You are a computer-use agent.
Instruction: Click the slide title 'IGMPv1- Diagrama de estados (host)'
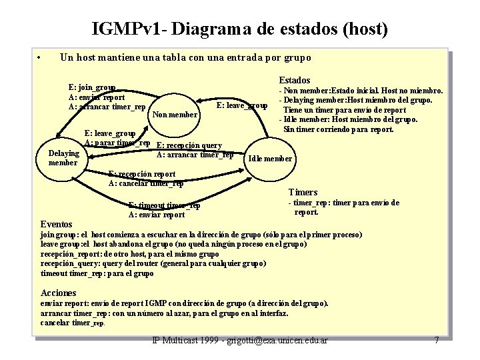240,29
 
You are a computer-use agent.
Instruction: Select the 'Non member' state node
175,115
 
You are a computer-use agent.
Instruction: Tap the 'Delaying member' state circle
63,158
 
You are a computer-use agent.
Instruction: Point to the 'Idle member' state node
269,159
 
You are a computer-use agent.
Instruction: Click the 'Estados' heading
294,80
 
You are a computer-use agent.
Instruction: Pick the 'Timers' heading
303,193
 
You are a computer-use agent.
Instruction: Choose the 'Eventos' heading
57,225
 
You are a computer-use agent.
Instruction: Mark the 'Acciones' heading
59,293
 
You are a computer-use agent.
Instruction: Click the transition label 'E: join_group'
92,87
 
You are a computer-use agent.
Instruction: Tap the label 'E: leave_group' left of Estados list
242,105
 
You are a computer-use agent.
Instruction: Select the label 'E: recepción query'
189,146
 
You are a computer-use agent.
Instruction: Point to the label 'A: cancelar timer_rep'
146,183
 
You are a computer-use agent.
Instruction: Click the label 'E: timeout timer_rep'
164,205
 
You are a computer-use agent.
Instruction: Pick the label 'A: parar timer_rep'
117,143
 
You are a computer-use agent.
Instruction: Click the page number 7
437,341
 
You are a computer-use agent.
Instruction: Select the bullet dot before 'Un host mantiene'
41,57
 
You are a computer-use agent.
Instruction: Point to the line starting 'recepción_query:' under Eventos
153,263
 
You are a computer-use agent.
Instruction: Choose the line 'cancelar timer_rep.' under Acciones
73,323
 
